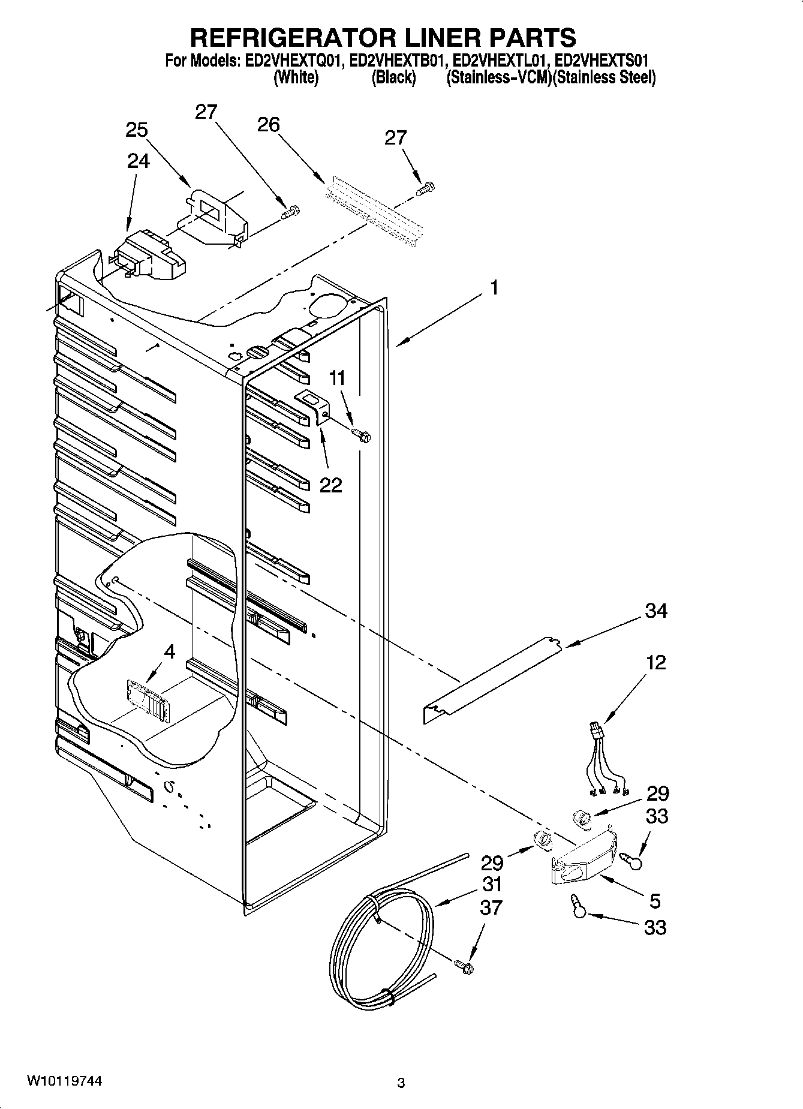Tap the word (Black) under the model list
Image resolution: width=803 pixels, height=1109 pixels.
tap(393, 78)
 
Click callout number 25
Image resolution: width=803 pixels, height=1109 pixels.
tap(137, 130)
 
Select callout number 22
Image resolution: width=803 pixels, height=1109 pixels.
tap(330, 485)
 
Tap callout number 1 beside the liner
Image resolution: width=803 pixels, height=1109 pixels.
tap(494, 288)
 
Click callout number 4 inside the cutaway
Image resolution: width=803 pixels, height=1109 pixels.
tap(170, 651)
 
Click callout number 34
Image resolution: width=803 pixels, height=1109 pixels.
tap(656, 611)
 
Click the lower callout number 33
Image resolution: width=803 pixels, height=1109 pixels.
tap(655, 928)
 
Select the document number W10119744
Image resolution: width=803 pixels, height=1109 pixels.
tap(64, 1081)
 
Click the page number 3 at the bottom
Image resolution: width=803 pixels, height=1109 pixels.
tap(401, 1083)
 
